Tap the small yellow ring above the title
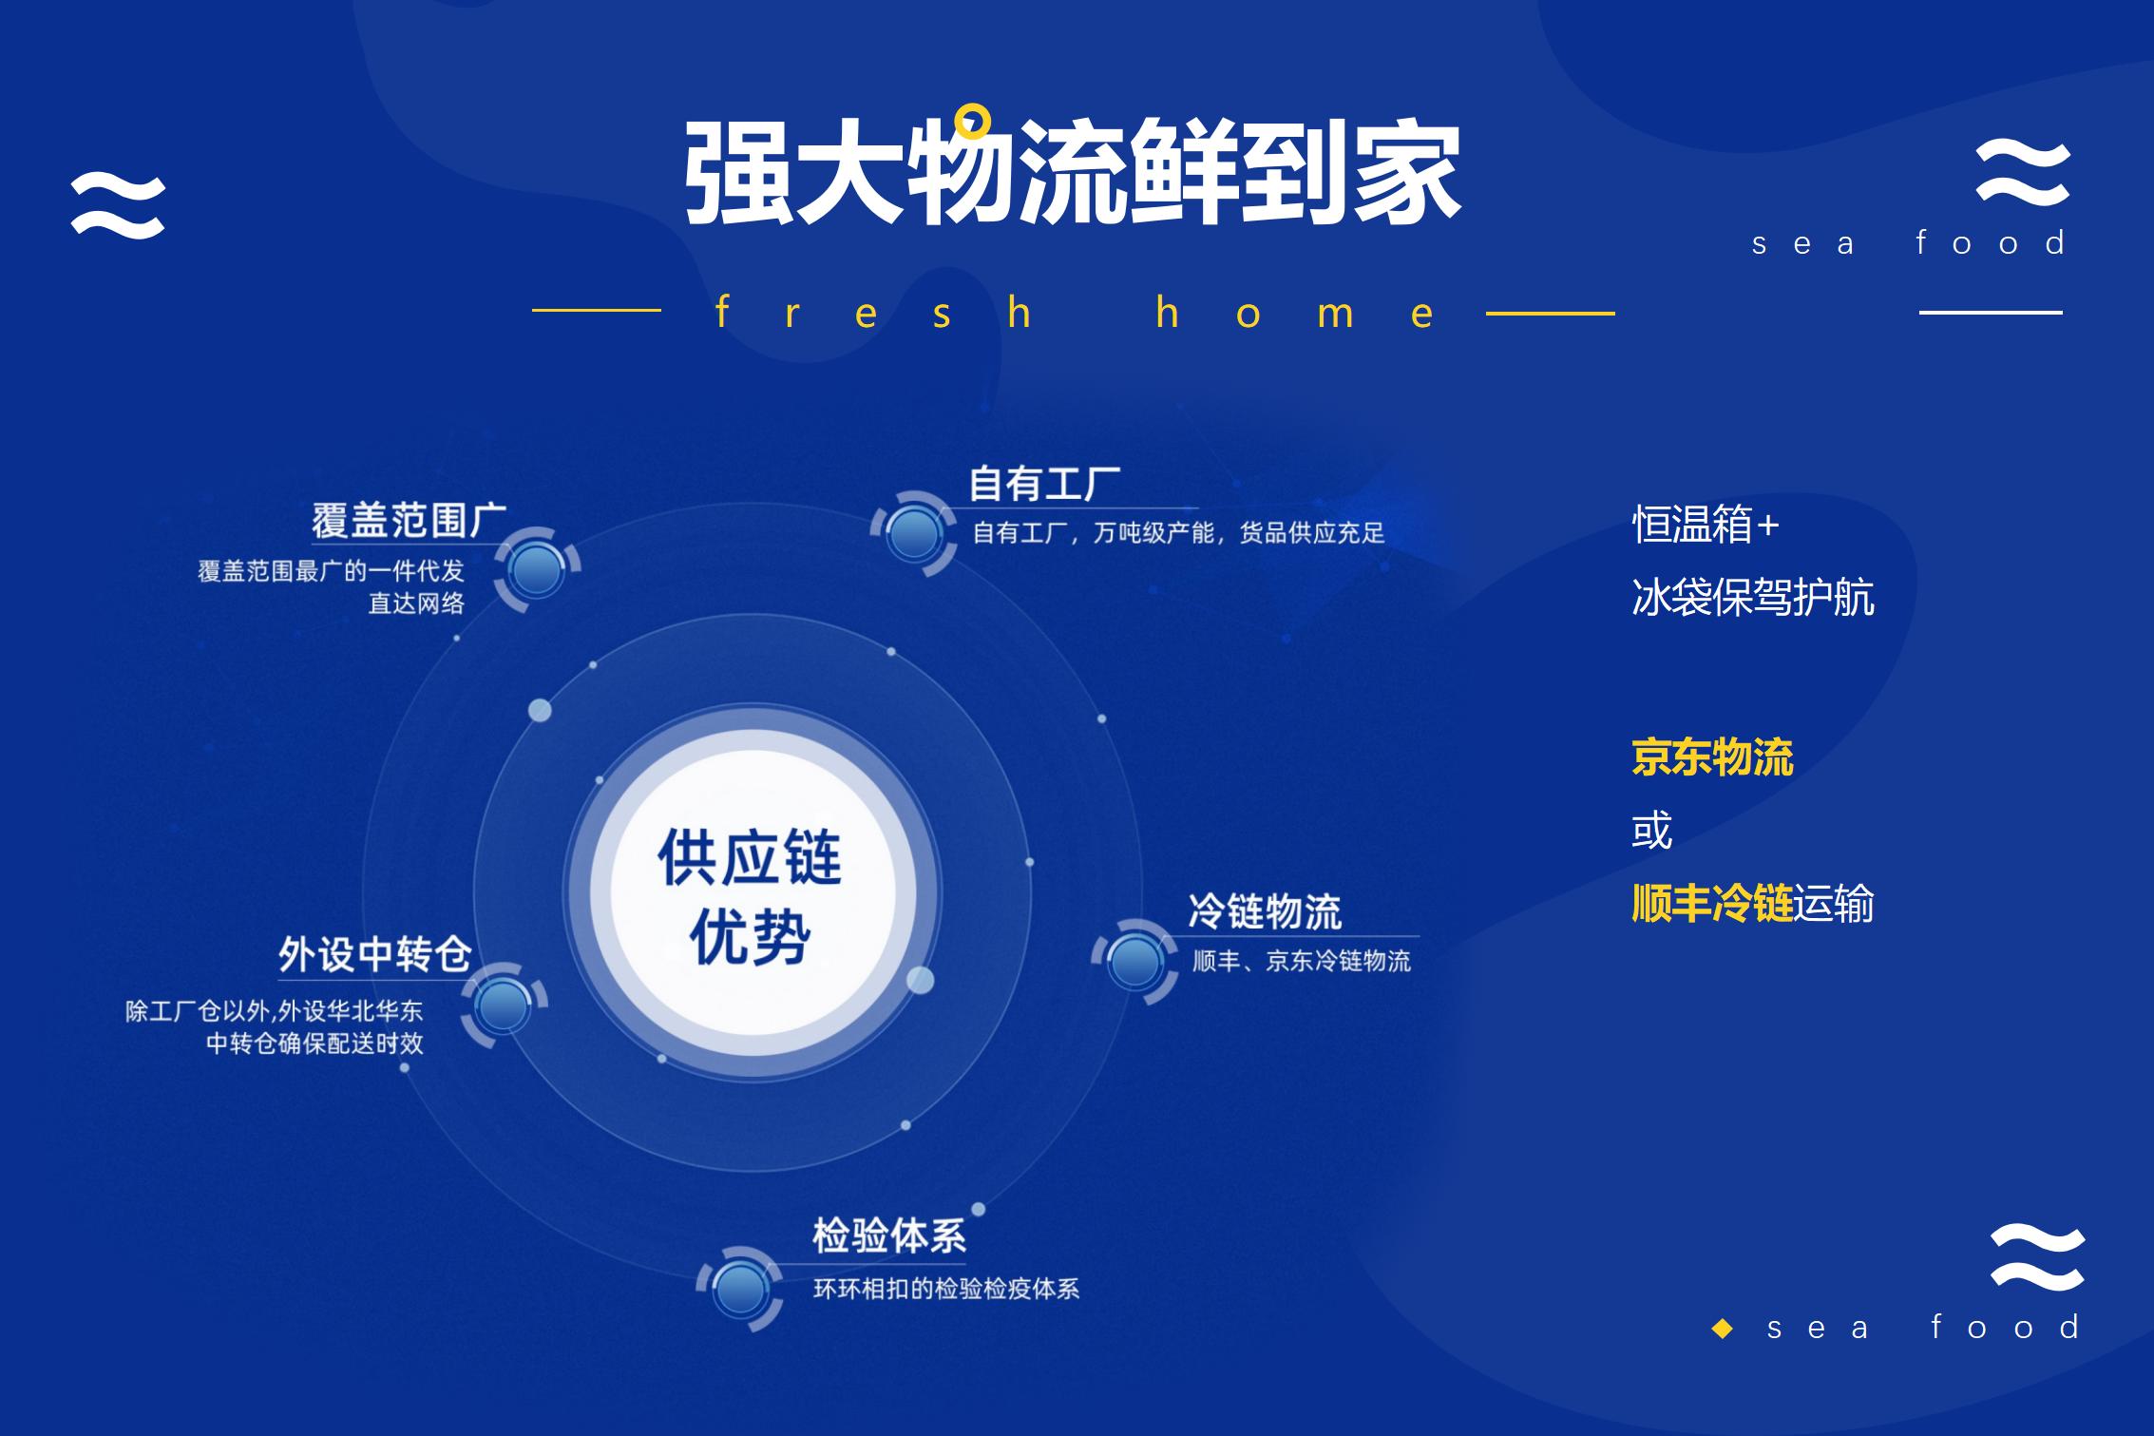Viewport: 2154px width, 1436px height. (973, 121)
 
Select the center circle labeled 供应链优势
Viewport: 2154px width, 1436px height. (752, 894)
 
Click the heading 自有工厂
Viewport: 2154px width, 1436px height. (1044, 485)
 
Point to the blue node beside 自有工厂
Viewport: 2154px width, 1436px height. (913, 533)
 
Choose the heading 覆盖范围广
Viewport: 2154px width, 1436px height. (409, 521)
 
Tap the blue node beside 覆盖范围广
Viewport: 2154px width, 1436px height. (536, 569)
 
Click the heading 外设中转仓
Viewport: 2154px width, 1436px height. (375, 954)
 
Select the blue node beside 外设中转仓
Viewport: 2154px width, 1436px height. (503, 1005)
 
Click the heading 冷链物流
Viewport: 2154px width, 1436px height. (1265, 911)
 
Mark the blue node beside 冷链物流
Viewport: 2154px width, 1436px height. (1135, 961)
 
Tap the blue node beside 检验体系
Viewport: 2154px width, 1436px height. (740, 1289)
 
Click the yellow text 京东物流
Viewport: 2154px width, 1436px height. (1712, 758)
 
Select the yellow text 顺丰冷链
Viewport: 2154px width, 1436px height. (1712, 903)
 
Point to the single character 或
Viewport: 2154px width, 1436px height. (1651, 831)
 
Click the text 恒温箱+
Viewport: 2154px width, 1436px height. (1706, 525)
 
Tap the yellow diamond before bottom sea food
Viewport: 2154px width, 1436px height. (1722, 1329)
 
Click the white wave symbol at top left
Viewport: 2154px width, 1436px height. (118, 205)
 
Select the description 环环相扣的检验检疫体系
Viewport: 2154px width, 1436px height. (946, 1290)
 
